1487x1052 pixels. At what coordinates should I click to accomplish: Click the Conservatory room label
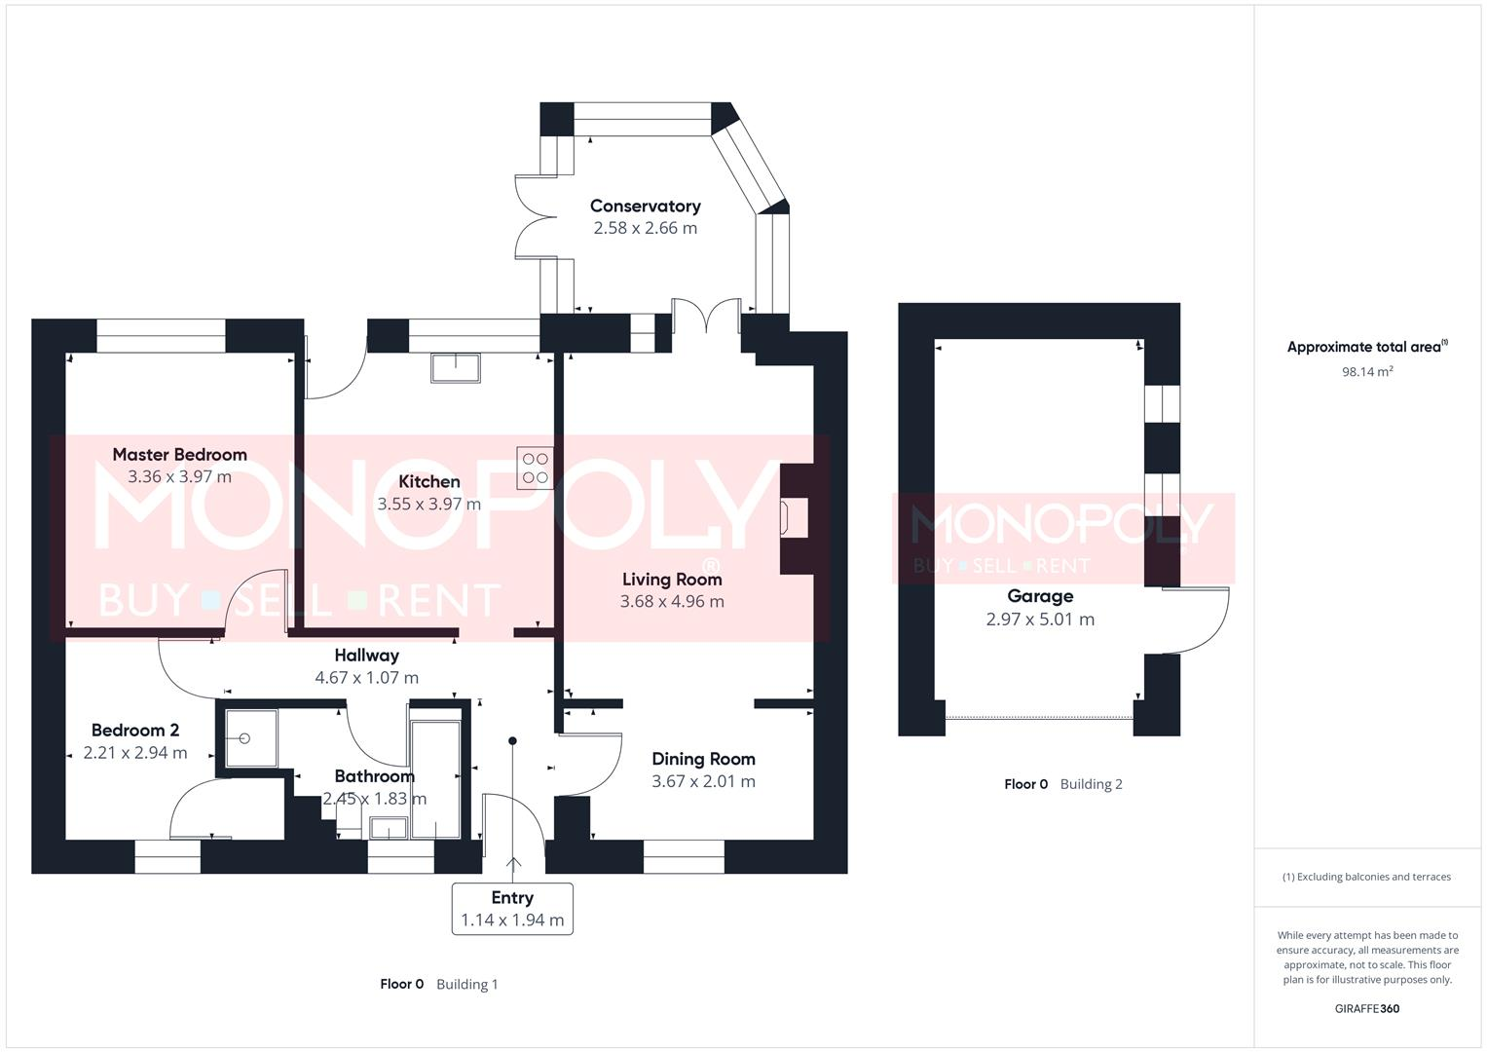[645, 206]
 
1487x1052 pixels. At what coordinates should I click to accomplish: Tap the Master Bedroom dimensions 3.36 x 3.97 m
[179, 476]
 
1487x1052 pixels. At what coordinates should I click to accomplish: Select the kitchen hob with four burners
[536, 468]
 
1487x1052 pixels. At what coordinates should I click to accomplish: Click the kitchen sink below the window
[455, 367]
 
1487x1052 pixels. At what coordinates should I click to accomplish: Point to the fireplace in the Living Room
[794, 517]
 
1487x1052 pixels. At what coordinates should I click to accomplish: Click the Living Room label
[672, 579]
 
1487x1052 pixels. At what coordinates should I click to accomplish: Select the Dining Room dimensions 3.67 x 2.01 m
[703, 781]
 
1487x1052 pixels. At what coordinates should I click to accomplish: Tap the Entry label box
[512, 908]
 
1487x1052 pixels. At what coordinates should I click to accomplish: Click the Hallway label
[366, 656]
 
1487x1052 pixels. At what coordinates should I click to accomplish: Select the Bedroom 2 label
[135, 730]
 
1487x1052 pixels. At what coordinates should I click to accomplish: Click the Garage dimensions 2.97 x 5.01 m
[1040, 620]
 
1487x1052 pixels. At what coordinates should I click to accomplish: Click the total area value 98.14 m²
[1367, 371]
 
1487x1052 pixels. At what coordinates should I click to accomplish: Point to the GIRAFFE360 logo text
[1366, 1008]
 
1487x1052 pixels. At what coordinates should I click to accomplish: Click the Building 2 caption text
[1091, 784]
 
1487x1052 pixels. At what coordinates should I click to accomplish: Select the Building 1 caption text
[466, 984]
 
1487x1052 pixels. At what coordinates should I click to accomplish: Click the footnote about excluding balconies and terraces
[1366, 877]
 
